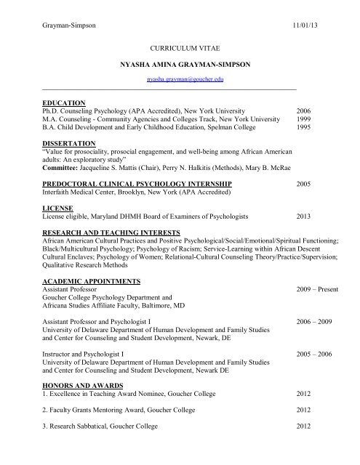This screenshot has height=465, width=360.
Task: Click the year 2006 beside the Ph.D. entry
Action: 306,111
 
